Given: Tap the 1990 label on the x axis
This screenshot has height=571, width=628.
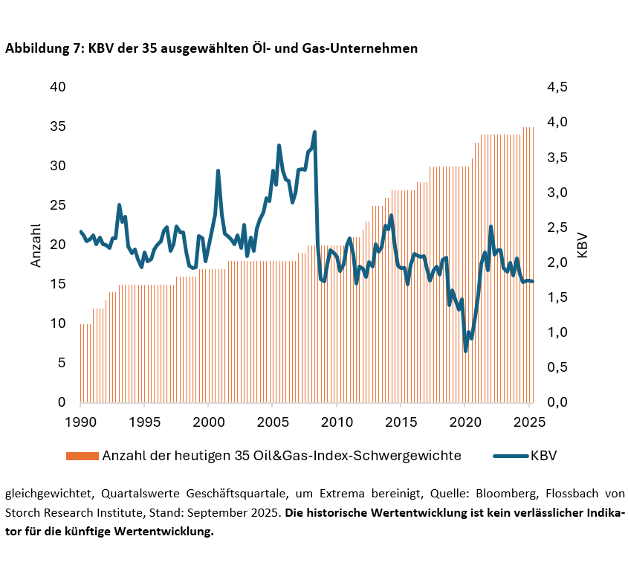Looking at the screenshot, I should coord(80,422).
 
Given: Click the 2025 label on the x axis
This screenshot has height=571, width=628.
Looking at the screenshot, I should coord(528,422).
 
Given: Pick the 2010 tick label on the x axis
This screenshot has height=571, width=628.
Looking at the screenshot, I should coord(337,422).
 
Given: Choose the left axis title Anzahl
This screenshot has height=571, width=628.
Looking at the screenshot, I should coord(36,245).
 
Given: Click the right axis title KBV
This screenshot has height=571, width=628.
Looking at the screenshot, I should coord(582,245).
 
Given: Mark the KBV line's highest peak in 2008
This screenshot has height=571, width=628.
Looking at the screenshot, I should coord(315,132).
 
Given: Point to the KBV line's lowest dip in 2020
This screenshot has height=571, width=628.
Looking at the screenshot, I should coord(466,351).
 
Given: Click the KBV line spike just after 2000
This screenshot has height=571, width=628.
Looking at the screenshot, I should coord(218,170).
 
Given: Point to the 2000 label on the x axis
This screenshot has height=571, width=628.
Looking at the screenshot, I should coord(208,422).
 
